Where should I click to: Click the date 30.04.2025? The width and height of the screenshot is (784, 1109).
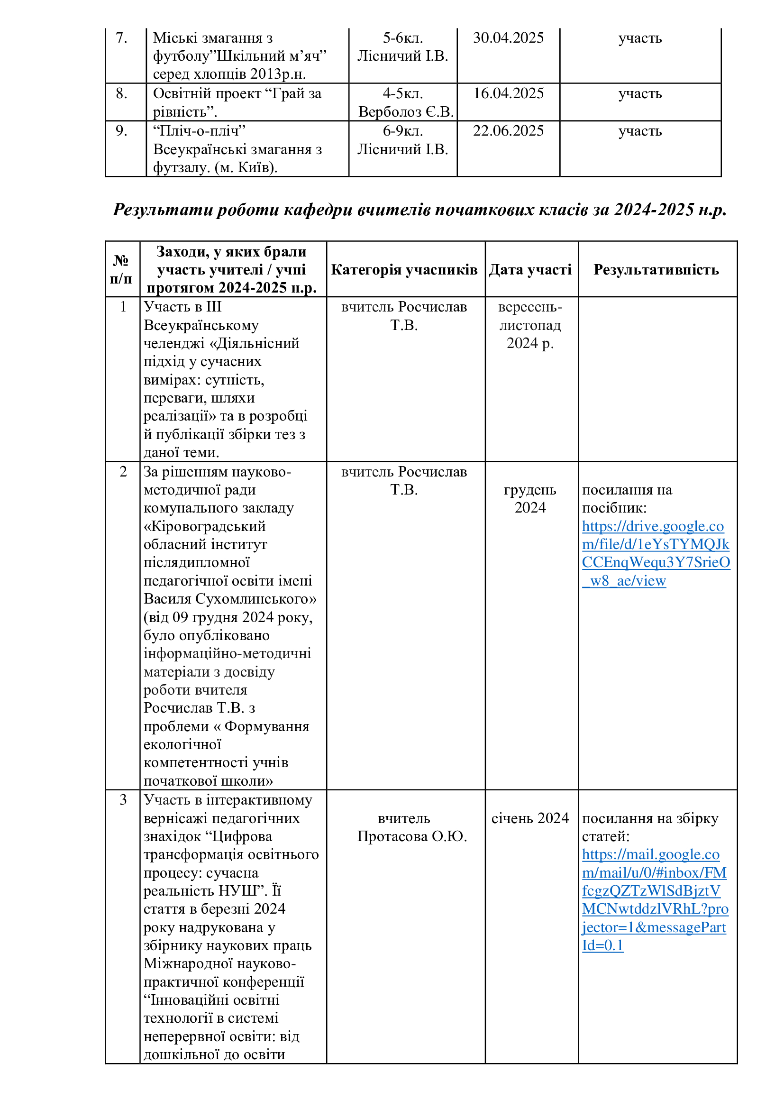(508, 37)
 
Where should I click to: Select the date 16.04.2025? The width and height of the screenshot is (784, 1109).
(508, 93)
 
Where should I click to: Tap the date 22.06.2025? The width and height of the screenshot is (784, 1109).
(508, 131)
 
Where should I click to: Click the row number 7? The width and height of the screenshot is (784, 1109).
(122, 37)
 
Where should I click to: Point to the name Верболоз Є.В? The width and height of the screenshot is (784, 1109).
(406, 112)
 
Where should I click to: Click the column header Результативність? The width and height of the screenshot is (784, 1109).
(656, 269)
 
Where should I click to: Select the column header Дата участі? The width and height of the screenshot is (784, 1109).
(530, 269)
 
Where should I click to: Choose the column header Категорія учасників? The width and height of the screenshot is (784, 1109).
(404, 269)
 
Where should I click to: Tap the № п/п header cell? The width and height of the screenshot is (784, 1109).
(122, 269)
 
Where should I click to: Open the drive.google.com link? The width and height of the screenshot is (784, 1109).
(655, 553)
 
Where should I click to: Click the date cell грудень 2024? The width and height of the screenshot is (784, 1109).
(530, 498)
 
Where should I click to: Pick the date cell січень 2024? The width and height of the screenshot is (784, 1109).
(530, 818)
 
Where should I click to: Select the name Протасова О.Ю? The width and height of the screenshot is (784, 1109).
(412, 836)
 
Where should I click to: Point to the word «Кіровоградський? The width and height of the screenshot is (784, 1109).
(205, 526)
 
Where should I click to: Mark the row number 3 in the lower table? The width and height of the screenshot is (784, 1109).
(123, 800)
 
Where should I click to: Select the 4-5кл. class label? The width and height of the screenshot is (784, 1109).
(402, 93)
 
